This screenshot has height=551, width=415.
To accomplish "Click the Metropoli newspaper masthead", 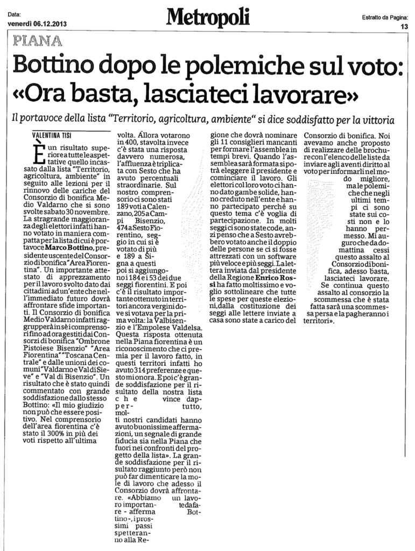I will [x=208, y=18].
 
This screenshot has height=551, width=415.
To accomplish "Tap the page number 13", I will [x=404, y=26].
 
